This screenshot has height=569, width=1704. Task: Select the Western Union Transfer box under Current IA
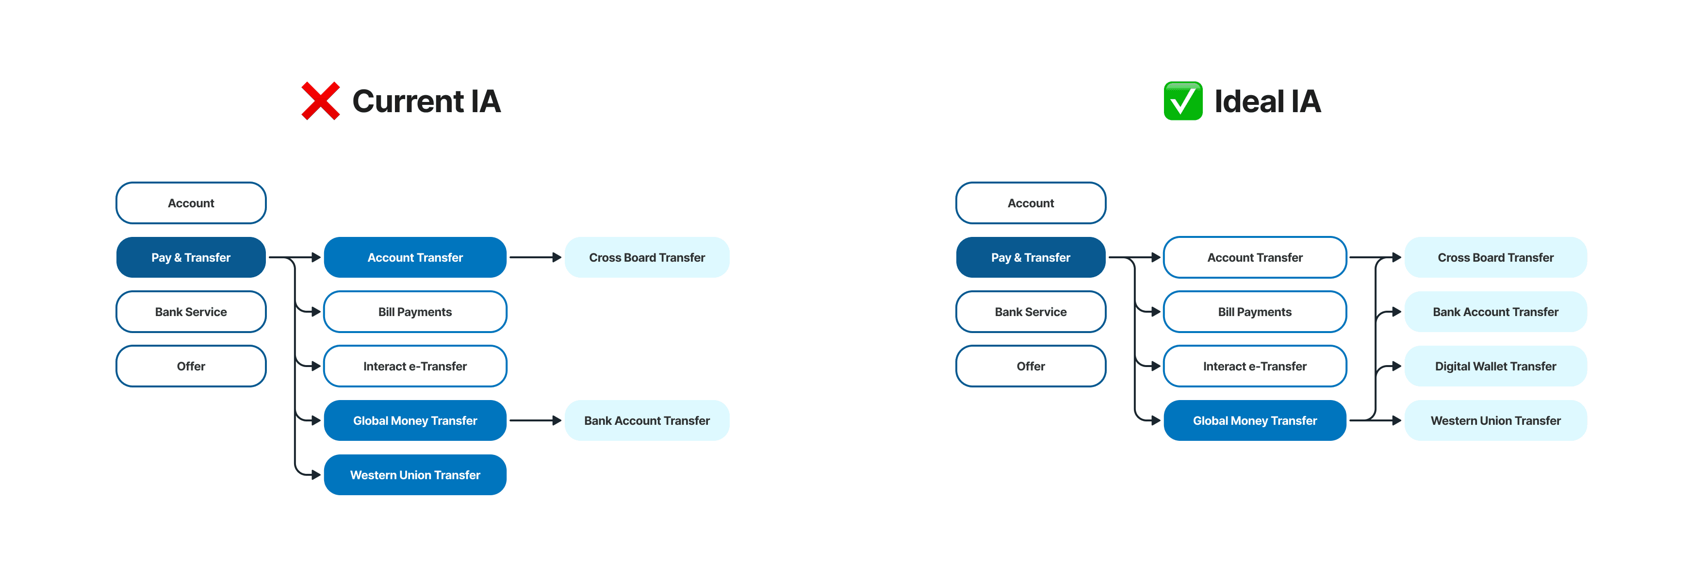(415, 475)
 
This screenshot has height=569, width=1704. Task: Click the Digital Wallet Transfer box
(1495, 366)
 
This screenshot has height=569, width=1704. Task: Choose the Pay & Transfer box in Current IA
(191, 257)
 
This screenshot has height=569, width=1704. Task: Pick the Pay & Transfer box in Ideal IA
(1030, 257)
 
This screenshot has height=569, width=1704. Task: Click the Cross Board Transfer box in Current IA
(646, 257)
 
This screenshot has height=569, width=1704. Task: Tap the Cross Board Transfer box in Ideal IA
(1495, 257)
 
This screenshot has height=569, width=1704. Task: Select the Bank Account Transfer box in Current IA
(646, 421)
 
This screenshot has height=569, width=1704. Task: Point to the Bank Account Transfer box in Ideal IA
(1495, 312)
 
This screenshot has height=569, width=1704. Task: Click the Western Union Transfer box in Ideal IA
(1495, 421)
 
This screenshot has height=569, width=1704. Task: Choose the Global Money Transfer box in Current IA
(415, 421)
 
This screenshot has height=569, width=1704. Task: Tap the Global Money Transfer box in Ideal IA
(1254, 421)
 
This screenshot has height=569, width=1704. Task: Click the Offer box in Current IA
(191, 366)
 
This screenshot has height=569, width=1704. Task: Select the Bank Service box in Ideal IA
(1030, 312)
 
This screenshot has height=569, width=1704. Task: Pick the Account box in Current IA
(191, 203)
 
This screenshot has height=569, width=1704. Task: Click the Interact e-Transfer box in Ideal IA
(1254, 366)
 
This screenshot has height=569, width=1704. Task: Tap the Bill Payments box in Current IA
(415, 312)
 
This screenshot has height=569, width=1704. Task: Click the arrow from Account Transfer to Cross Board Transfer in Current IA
(535, 257)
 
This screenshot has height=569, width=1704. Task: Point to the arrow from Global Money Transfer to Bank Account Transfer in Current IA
(535, 421)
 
